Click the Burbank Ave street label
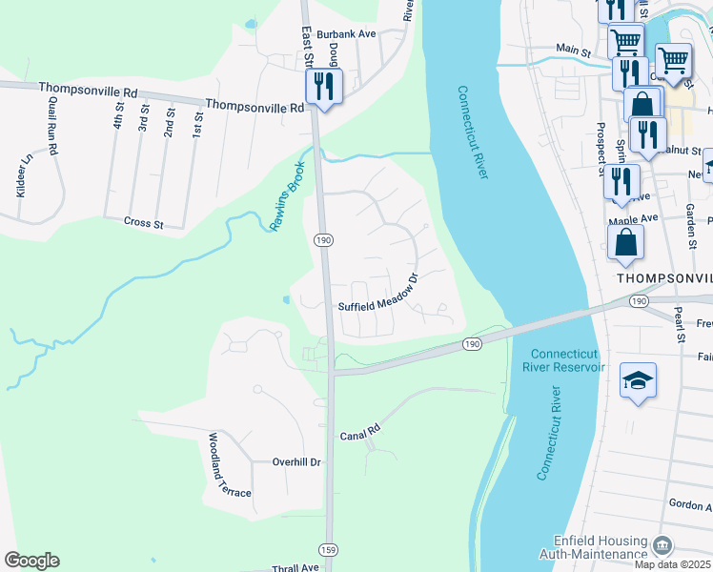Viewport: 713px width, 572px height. (348, 33)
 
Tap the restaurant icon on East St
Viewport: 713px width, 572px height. (323, 88)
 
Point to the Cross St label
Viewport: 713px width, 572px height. (144, 223)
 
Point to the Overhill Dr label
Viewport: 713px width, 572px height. (296, 461)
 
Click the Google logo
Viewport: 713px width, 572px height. (31, 561)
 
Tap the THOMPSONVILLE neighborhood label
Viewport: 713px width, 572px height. (664, 277)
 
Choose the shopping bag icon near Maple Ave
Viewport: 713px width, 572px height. (625, 244)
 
